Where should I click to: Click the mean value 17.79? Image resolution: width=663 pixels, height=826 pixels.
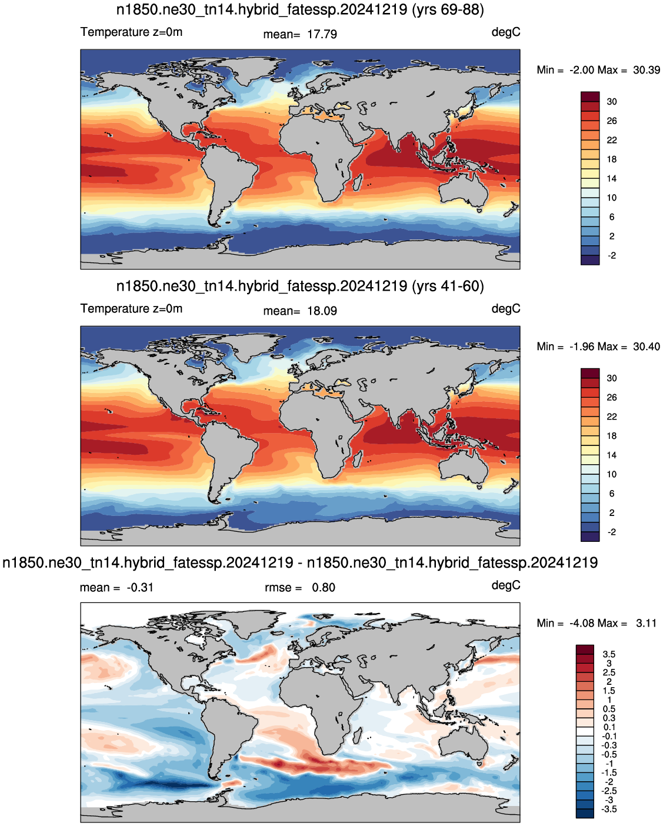pos(322,34)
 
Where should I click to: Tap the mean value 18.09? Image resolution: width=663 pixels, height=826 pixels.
pos(322,311)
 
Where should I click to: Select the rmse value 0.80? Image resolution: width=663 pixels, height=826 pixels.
pos(323,587)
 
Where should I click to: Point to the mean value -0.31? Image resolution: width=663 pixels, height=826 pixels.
pos(140,587)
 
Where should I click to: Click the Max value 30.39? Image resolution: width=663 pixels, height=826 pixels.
pos(647,70)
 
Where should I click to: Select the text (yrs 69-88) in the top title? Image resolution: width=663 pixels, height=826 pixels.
pos(448,9)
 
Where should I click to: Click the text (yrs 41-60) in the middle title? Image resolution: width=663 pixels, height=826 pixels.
pos(448,286)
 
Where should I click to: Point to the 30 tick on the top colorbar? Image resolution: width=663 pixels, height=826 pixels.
pos(612,102)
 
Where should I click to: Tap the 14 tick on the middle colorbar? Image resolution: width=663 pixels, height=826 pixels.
pos(612,455)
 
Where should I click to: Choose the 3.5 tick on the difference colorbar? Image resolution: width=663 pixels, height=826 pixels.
pos(609,654)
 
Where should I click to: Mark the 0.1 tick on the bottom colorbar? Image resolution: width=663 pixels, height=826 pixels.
pos(609,727)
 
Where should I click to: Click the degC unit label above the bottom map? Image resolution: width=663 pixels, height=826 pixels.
pos(506,585)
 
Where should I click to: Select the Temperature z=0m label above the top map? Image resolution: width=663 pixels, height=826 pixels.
pos(131,32)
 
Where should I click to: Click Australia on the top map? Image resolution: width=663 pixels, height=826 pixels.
pos(464,191)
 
